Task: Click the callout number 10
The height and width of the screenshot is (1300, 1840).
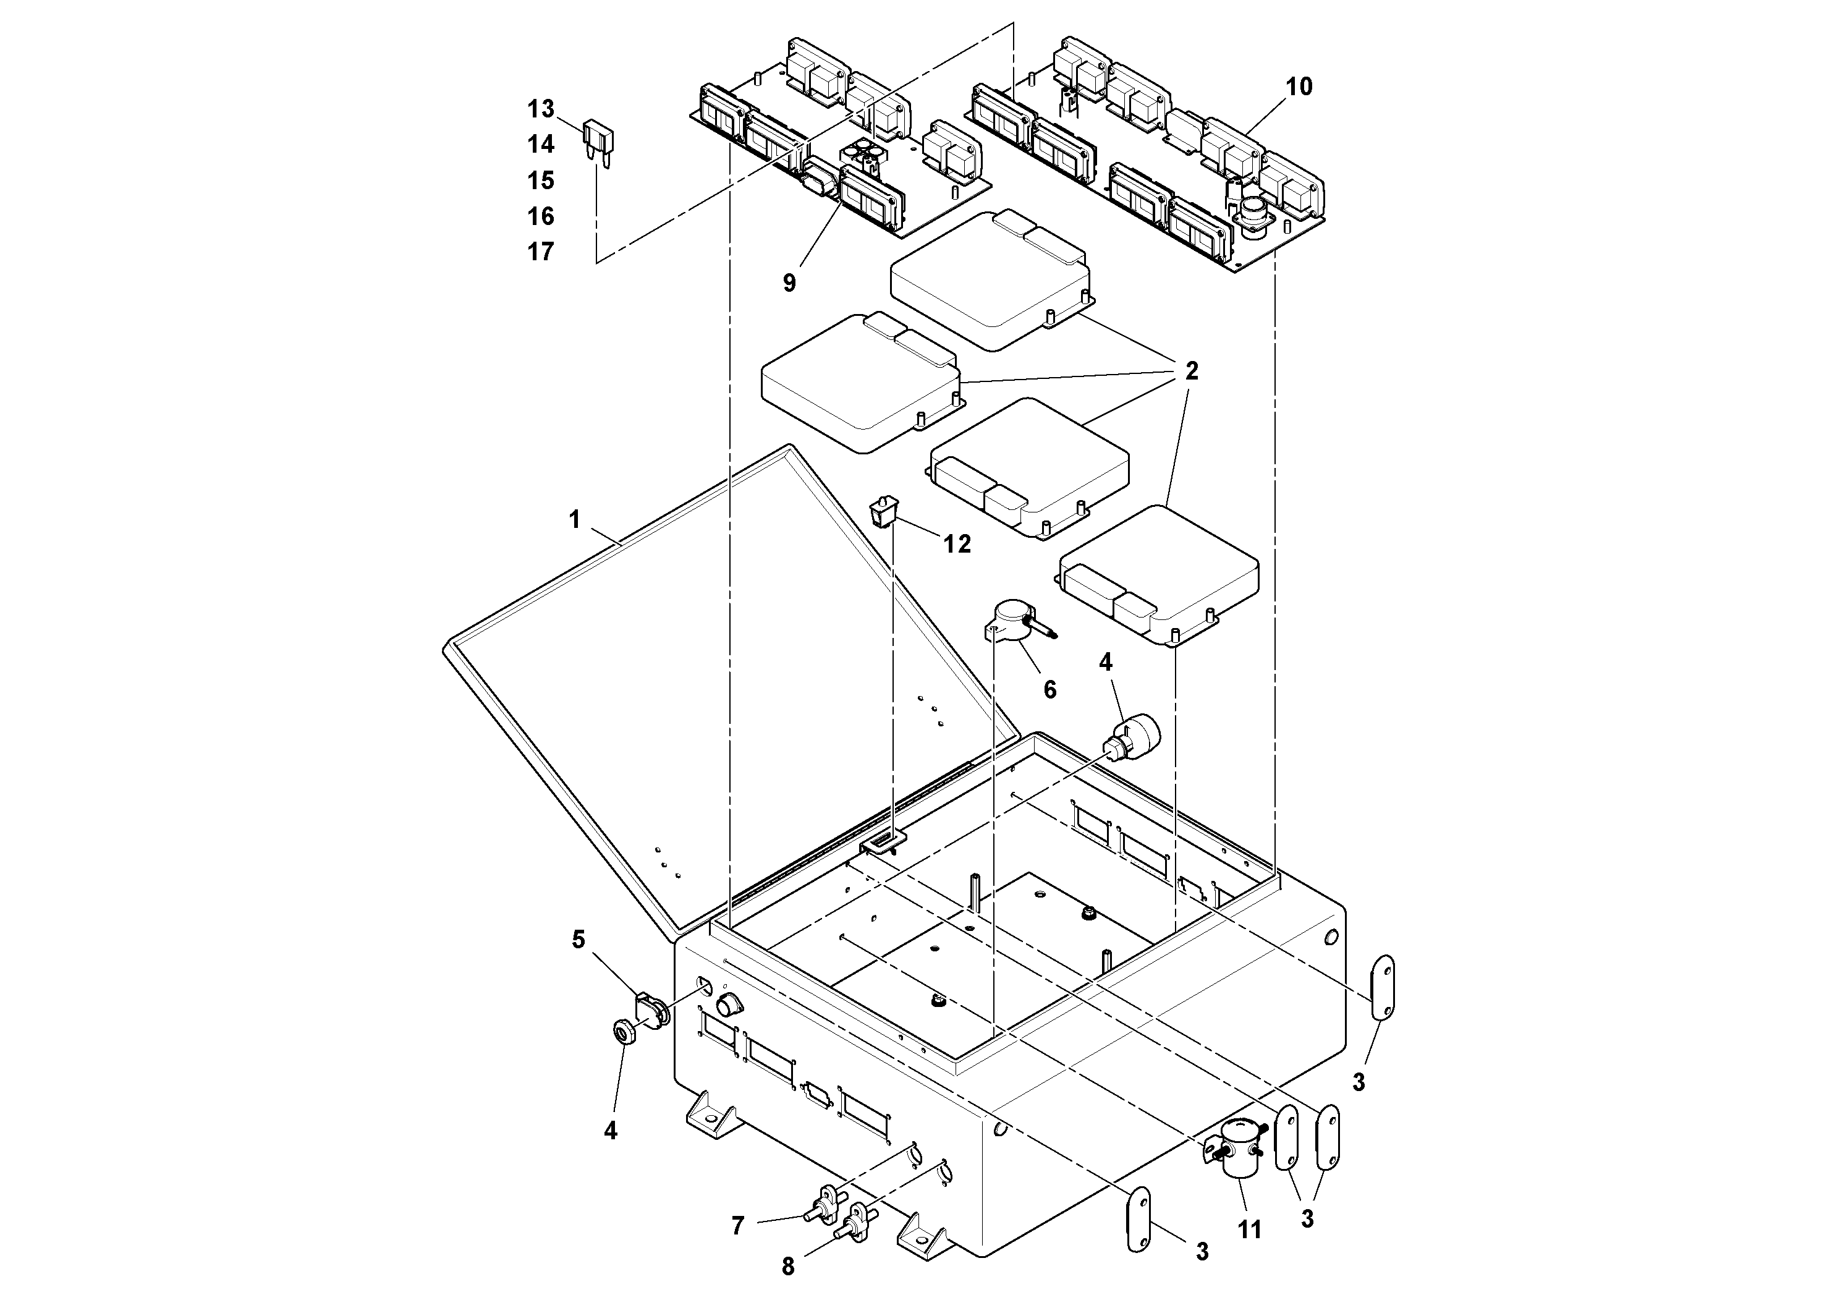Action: pos(1299,87)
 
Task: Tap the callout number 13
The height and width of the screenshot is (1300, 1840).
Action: pos(541,108)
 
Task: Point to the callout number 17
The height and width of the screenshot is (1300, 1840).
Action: pos(541,252)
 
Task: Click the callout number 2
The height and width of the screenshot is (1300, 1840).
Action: pos(1192,371)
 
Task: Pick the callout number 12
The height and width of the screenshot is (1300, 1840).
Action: pos(957,544)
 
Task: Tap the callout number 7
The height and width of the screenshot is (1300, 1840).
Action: pos(737,1225)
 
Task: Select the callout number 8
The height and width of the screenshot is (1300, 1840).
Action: pos(788,1267)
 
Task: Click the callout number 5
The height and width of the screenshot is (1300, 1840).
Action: pos(578,940)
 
